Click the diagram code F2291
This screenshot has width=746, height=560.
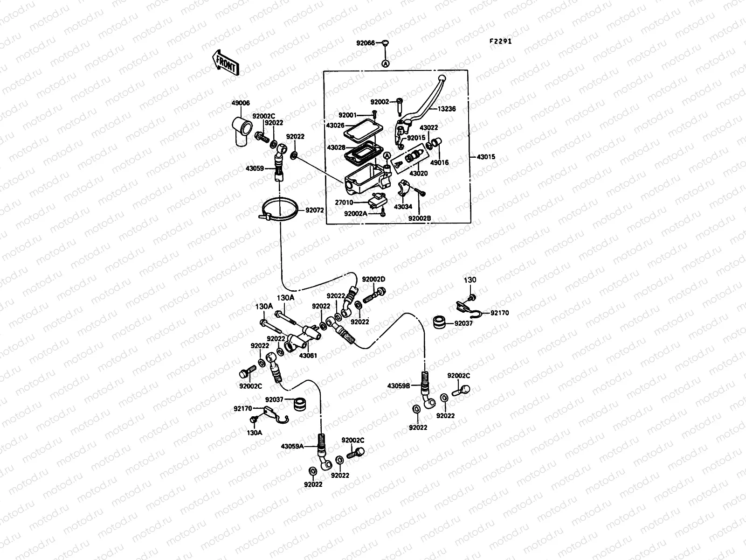click(500, 41)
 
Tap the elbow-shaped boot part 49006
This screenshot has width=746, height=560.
click(242, 131)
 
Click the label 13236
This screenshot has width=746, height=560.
click(446, 109)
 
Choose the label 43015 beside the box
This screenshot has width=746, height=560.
click(486, 157)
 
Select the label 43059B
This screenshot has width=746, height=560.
click(399, 386)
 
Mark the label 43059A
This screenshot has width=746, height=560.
click(292, 446)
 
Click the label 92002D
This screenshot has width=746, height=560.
click(373, 279)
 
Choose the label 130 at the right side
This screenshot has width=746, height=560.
click(470, 280)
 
